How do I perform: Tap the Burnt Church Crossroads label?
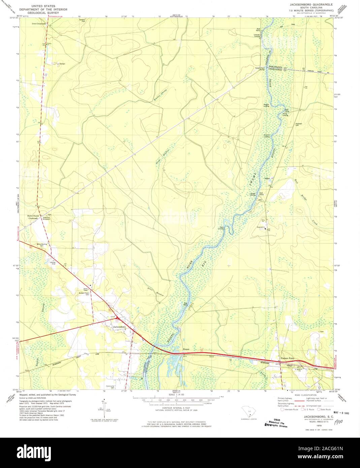tap(34, 217)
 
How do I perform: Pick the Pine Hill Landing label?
tap(267, 136)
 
